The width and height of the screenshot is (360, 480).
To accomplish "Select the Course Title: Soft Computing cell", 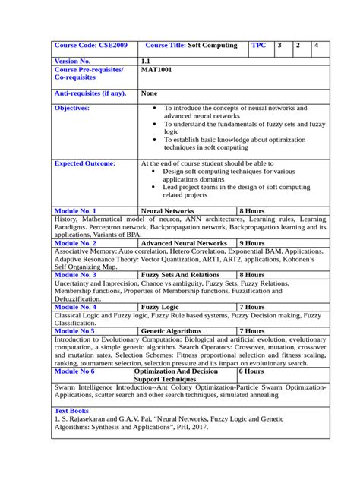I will click(191, 46).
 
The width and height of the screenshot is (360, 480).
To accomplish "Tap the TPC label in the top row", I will click(260, 46).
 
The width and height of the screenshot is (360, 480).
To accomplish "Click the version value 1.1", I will click(146, 61).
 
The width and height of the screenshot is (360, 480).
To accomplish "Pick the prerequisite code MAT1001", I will click(158, 70).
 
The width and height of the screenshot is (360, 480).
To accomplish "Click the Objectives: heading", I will click(72, 109).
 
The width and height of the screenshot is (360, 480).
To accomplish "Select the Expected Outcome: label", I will click(85, 163).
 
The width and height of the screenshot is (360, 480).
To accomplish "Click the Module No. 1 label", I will click(75, 210).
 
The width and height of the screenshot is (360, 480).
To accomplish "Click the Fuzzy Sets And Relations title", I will click(181, 275).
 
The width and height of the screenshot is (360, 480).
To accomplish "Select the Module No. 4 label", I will click(75, 307).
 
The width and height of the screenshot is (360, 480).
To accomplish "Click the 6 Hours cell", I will click(251, 372).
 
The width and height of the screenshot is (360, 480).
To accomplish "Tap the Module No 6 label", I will click(74, 372).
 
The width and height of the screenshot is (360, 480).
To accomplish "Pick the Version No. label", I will click(73, 61).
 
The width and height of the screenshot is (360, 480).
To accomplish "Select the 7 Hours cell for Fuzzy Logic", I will click(251, 307).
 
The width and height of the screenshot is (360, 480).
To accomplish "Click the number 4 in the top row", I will click(317, 46).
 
